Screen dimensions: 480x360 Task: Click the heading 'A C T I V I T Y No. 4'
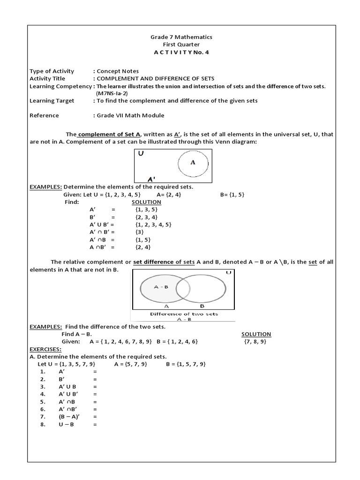[x=181, y=52]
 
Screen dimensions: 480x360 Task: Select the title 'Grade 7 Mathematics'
[x=181, y=37]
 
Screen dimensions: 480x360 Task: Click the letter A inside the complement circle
[x=192, y=162]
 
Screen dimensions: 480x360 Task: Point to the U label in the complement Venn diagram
[x=141, y=154]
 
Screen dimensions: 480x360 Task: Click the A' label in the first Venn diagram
[x=151, y=179]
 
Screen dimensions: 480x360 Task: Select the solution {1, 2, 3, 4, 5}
[x=153, y=225]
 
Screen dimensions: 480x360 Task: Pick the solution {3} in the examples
[x=139, y=232]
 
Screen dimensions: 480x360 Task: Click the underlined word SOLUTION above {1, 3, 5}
[x=146, y=202]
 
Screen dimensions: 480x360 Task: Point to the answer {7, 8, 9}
[x=255, y=342]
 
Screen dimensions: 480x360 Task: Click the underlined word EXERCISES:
[x=45, y=349]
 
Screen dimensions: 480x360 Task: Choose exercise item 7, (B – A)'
[x=68, y=417]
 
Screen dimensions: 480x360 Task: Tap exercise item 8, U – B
[x=67, y=424]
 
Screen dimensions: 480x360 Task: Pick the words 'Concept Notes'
[x=118, y=71]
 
